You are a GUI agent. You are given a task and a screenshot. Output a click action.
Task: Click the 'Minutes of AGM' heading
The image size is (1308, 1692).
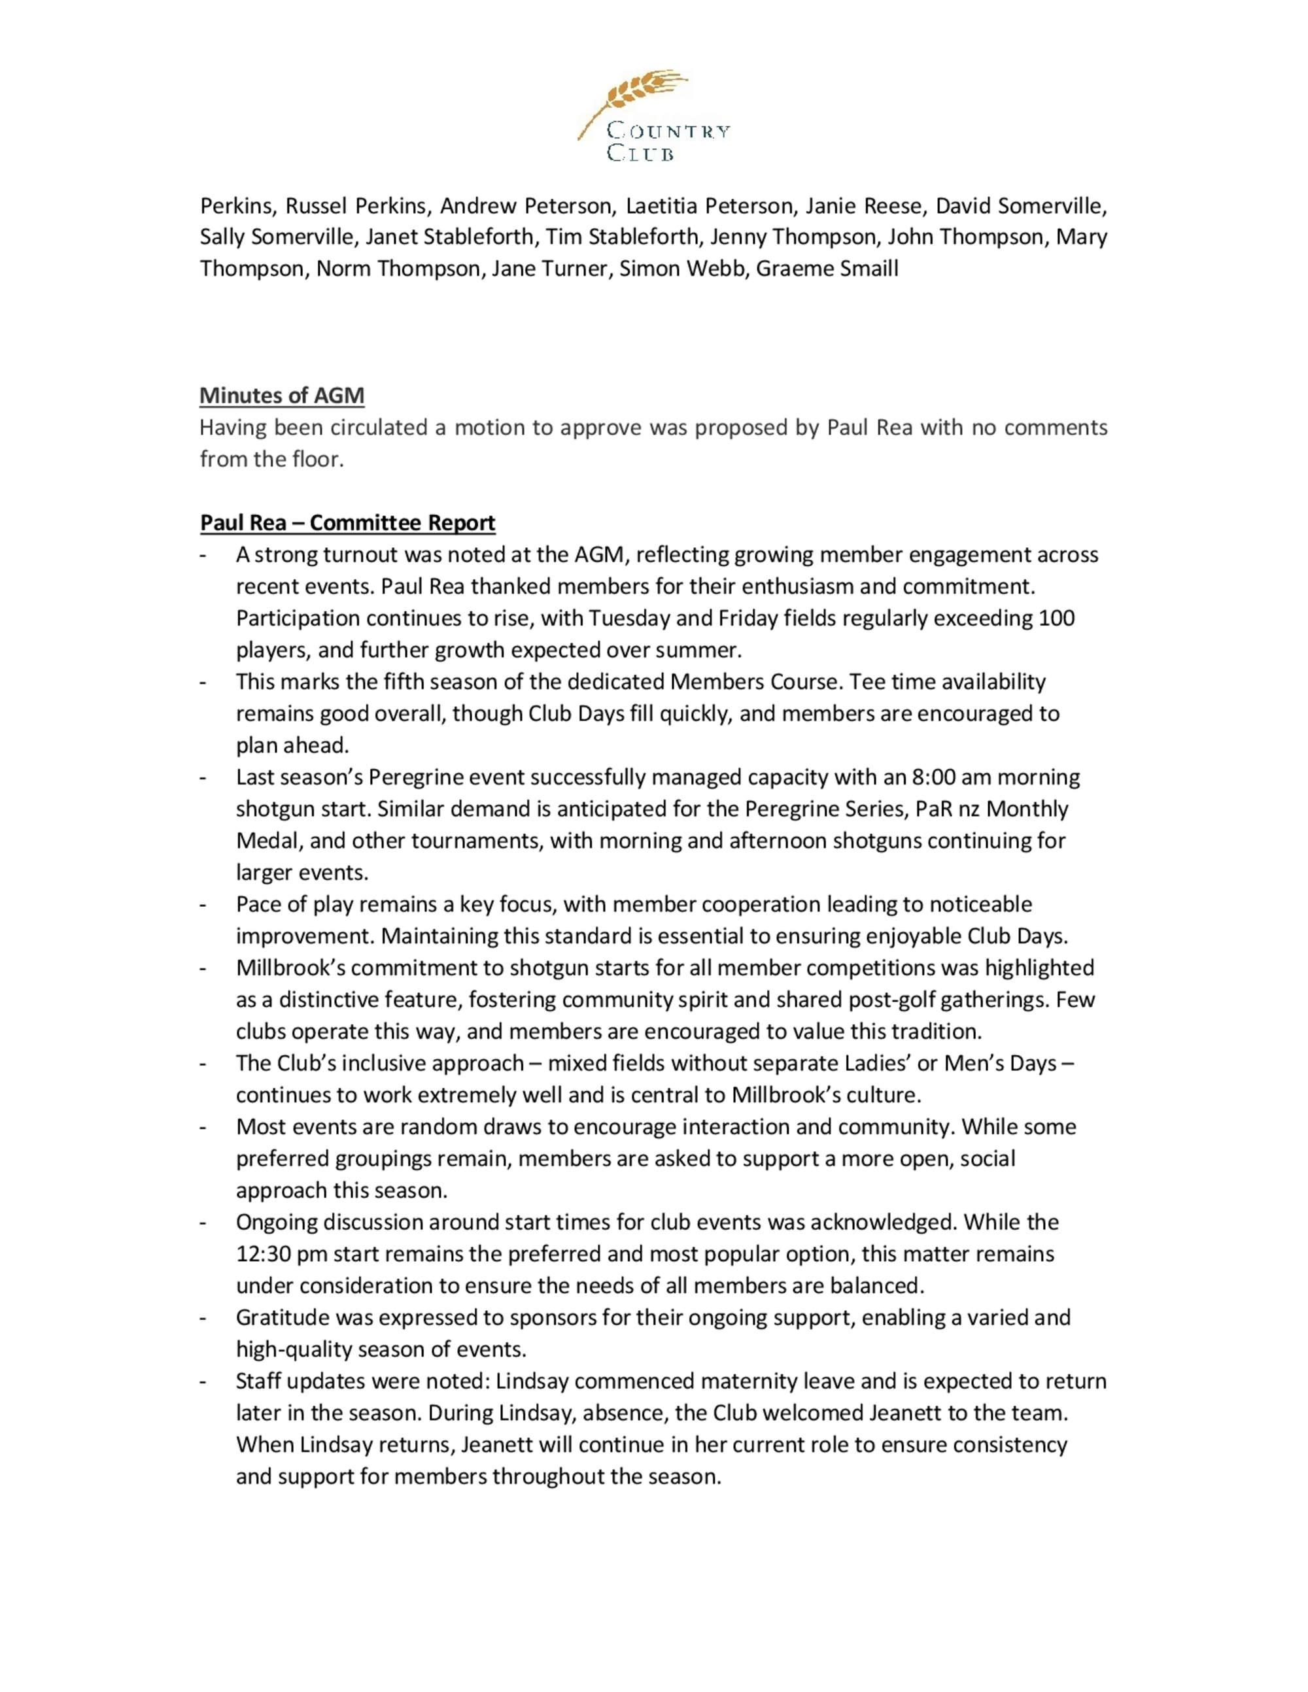(282, 396)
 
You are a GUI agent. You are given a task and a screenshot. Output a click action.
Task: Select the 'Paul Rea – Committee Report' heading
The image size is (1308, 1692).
(347, 523)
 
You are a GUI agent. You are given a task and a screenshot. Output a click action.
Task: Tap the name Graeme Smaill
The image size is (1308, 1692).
(827, 269)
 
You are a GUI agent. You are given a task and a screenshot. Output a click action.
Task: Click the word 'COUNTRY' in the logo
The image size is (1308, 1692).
(668, 131)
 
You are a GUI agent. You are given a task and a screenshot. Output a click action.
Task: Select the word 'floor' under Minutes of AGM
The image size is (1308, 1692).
(317, 460)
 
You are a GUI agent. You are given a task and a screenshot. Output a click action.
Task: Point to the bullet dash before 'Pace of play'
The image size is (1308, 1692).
(203, 905)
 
